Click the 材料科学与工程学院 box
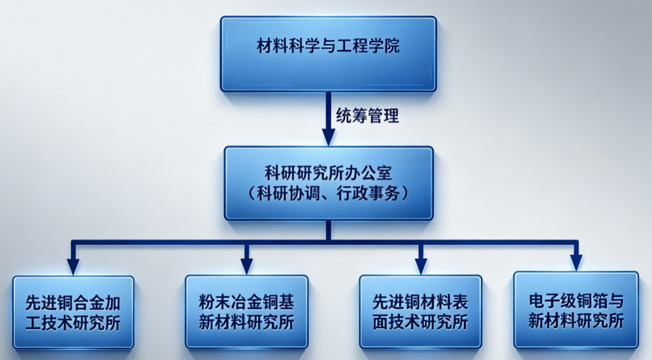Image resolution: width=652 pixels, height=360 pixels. [328, 54]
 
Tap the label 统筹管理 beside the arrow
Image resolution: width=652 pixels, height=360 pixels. [368, 116]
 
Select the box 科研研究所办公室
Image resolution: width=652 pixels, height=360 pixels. [329, 183]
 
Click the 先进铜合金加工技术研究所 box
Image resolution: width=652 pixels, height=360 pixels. [73, 312]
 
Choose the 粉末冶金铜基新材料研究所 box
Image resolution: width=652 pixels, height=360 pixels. [246, 312]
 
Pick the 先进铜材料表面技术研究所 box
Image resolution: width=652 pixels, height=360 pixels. [420, 312]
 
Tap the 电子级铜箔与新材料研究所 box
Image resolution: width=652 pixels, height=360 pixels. [576, 310]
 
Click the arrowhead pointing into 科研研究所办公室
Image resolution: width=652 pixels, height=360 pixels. [329, 137]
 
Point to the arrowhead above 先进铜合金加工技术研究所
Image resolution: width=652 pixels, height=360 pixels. [73, 267]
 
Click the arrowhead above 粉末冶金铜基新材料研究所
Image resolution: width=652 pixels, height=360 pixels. [246, 266]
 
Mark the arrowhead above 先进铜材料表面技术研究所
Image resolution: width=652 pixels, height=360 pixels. [421, 266]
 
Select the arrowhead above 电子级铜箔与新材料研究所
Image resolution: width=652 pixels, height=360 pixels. [576, 263]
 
